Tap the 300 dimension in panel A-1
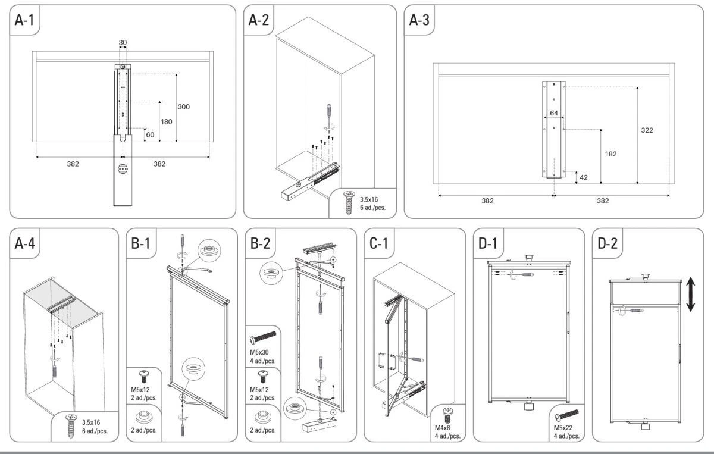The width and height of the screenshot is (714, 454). (184, 107)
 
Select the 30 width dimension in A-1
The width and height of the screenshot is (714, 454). (123, 43)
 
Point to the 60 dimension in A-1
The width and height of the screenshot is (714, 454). (150, 135)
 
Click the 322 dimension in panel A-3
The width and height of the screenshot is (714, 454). (647, 130)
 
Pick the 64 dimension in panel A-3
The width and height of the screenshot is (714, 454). (553, 113)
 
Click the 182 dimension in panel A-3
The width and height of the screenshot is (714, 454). (610, 154)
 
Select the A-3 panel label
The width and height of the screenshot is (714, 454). (419, 20)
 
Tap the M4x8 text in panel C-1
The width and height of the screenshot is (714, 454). (443, 428)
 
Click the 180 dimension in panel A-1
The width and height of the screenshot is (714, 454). (166, 121)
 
